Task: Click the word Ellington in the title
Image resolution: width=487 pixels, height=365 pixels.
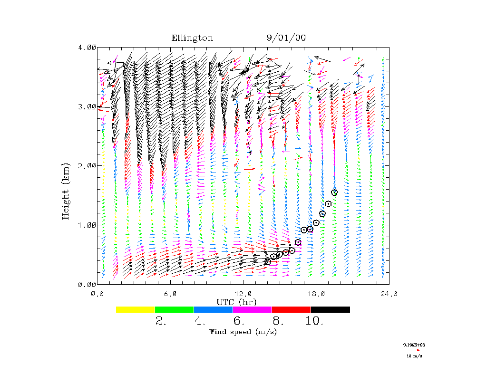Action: pos(192,38)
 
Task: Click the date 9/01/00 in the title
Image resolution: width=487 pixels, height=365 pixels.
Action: pos(286,38)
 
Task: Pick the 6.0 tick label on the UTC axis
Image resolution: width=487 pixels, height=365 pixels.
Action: pos(170,293)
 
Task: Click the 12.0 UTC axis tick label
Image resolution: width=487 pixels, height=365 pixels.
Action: pos(243,293)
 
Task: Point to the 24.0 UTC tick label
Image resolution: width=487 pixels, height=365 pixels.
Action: pos(389,293)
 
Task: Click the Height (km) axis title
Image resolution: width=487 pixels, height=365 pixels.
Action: pos(67,190)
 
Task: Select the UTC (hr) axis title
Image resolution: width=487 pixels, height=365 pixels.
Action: pos(236,302)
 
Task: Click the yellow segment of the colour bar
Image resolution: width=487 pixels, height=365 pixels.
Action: pos(135,309)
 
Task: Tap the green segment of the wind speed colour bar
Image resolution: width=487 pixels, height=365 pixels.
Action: pos(174,309)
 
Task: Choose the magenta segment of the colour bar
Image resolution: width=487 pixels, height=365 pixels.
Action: pos(252,309)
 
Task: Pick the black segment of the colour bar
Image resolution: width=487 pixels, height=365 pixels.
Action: pos(330,309)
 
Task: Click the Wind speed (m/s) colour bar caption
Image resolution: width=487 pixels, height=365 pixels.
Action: pos(243,332)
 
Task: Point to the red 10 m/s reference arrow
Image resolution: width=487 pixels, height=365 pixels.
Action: pos(414,350)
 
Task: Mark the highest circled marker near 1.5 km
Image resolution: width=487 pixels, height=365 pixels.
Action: pos(334,192)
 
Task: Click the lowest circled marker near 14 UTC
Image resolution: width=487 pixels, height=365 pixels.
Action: pos(268,262)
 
